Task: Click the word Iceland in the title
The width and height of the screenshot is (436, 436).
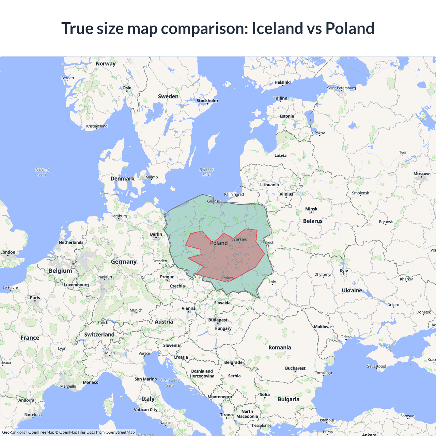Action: pos(277,28)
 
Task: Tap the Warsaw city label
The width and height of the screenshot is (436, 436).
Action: pos(239,239)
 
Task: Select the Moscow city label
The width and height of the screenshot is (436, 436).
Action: pos(421,174)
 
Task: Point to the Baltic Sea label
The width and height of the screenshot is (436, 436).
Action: pos(206,172)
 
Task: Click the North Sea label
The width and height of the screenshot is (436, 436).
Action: pos(42,172)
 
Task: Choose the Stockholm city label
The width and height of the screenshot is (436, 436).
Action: pos(207,100)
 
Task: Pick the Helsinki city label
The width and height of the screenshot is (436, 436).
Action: pos(282,82)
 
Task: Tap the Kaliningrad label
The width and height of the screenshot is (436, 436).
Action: pos(234,194)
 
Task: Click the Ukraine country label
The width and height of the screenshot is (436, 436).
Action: pos(352,291)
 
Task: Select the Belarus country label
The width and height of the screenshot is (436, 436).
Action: pos(313,221)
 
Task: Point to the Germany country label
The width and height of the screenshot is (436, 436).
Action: pos(124,262)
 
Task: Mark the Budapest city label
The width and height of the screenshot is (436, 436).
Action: pos(218,320)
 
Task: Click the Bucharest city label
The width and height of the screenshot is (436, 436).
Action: pos(295,368)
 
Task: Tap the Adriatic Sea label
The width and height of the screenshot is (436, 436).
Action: pos(170,383)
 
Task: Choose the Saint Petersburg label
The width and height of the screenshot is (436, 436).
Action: pos(341,88)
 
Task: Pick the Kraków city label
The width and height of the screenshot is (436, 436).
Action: pos(228,278)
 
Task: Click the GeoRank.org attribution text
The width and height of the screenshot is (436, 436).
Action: pos(14,432)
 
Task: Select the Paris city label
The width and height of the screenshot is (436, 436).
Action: pos(35,298)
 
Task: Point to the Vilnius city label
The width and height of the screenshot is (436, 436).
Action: pos(286,194)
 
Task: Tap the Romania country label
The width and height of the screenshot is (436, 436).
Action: pos(280,347)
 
